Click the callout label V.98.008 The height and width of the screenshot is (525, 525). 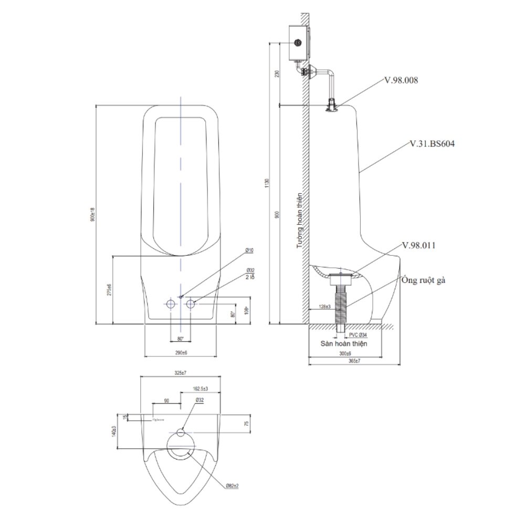[402, 80]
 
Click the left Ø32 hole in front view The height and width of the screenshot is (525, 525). [171, 303]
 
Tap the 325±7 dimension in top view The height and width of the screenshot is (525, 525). [180, 372]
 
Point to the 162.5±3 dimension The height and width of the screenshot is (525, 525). [199, 388]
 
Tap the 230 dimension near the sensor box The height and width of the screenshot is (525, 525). [277, 73]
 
